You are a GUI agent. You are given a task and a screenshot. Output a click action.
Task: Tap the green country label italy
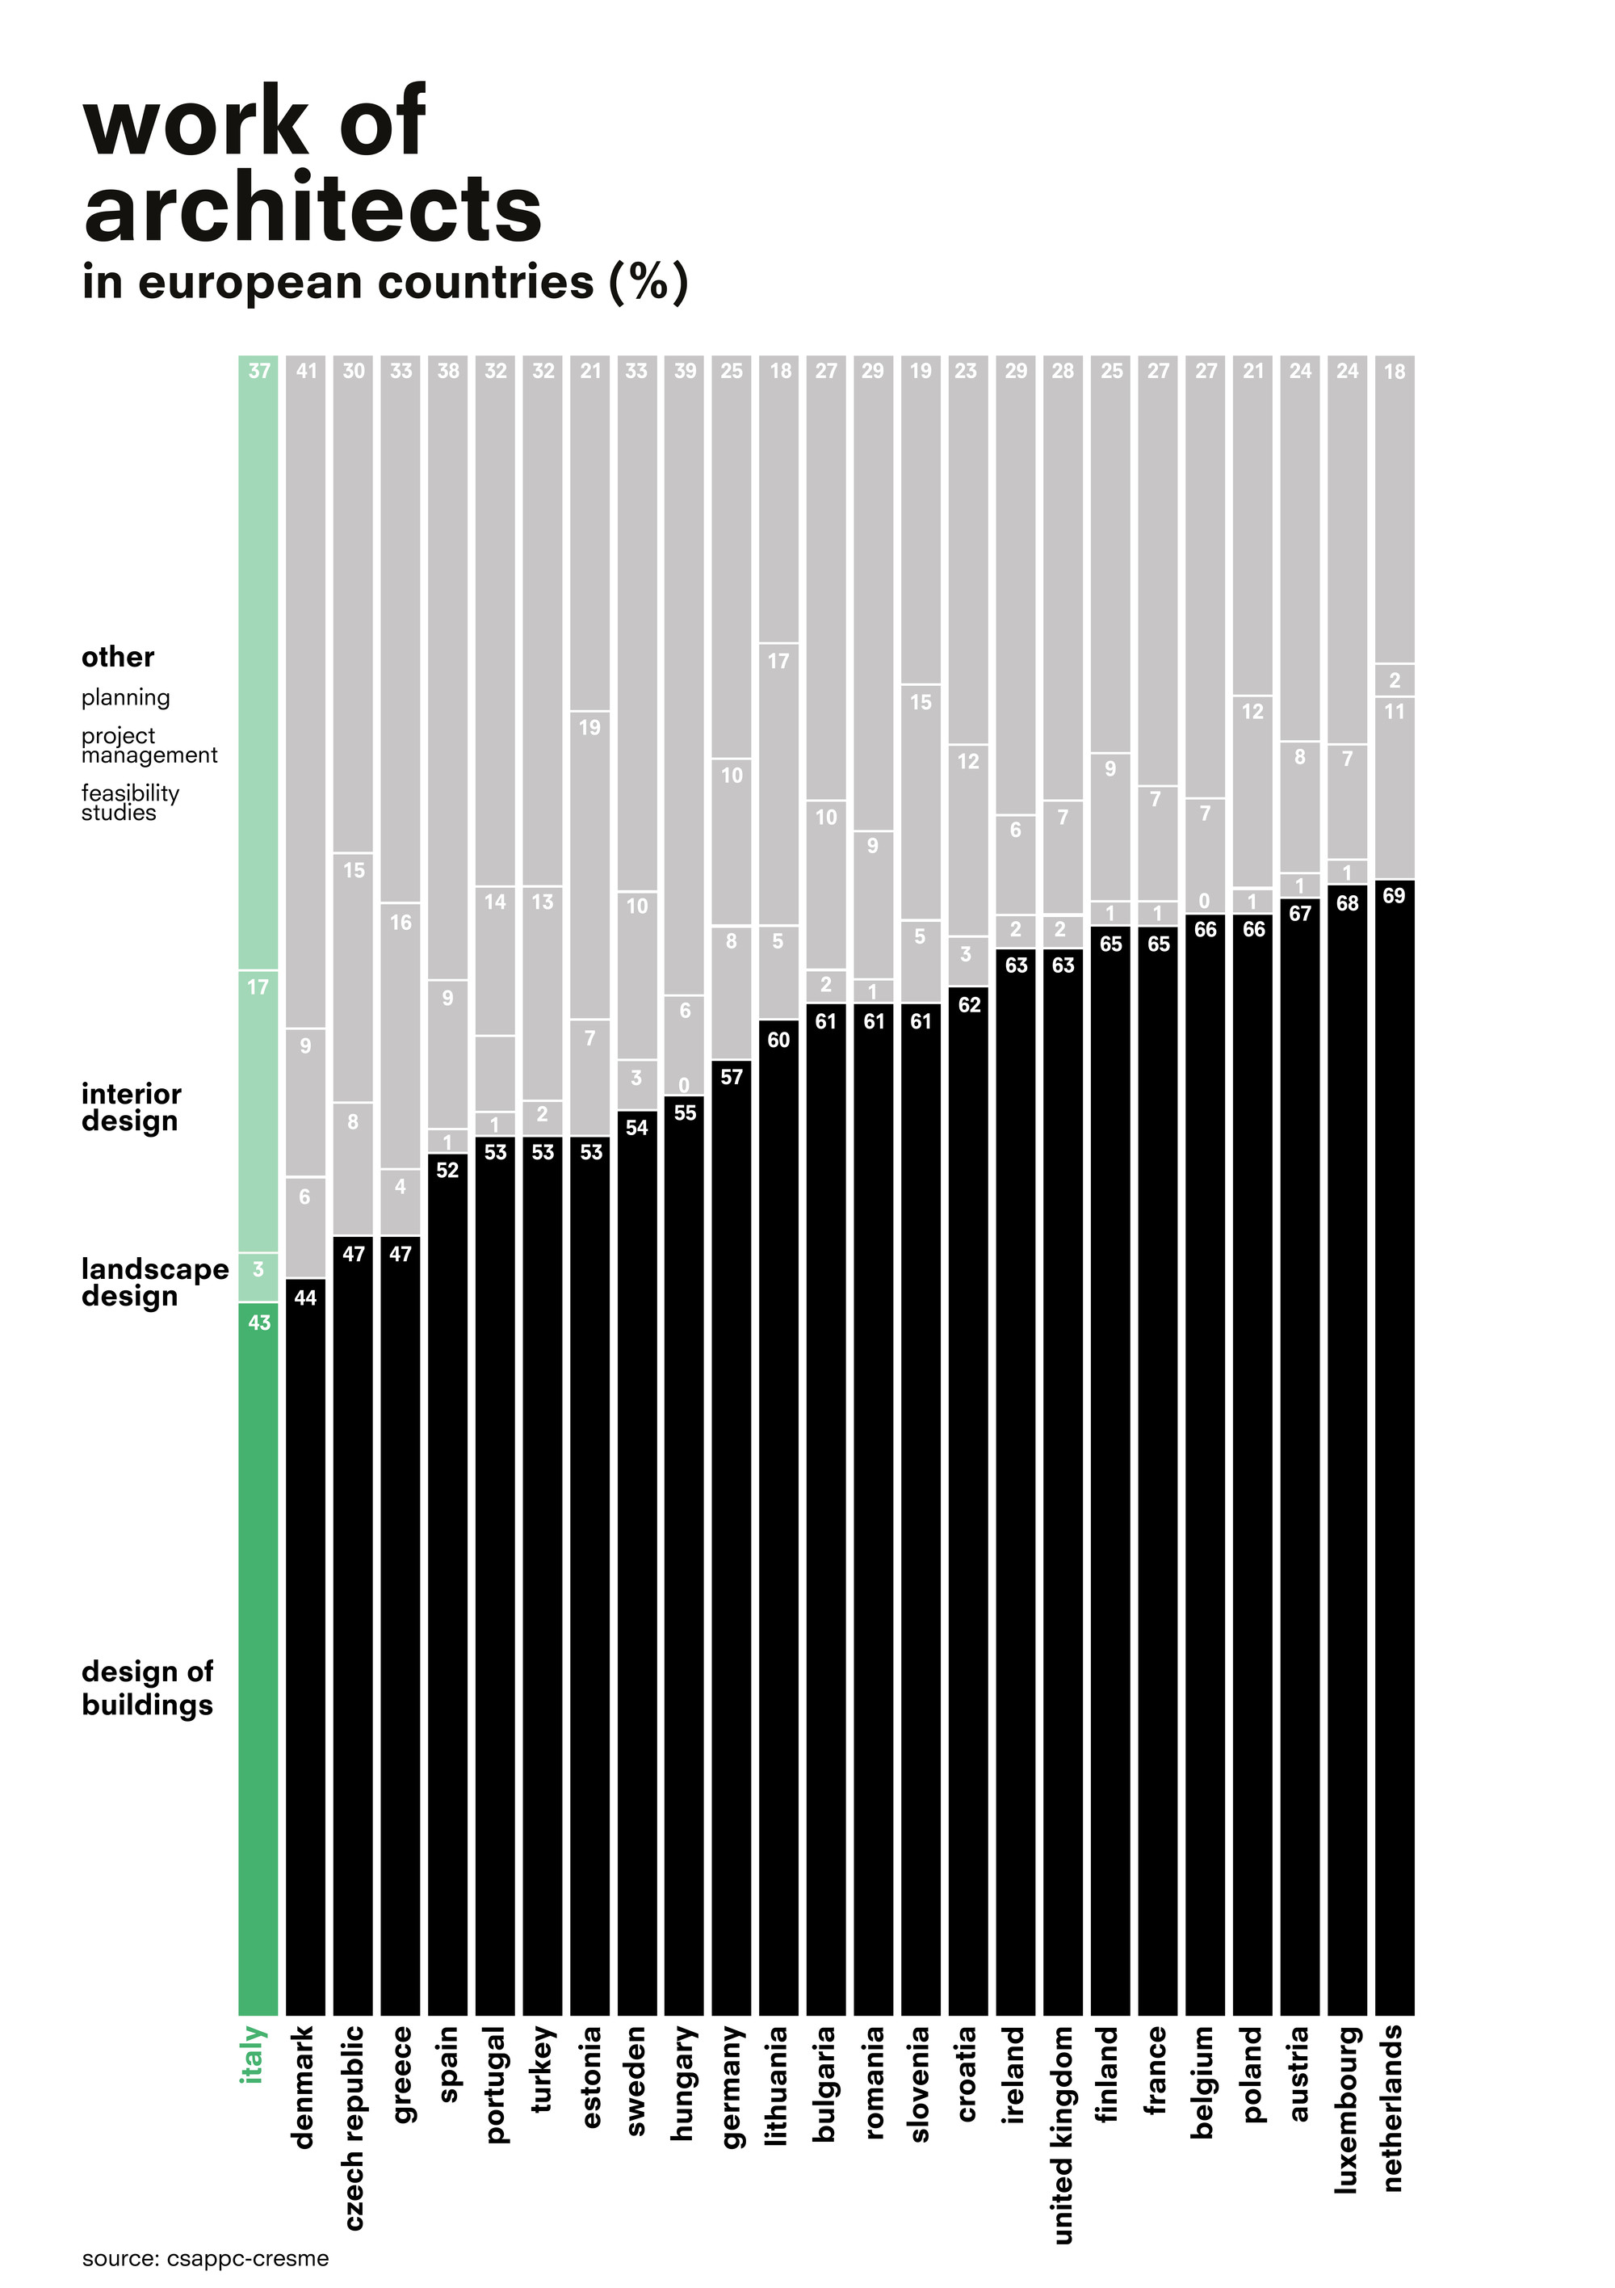coord(254,2054)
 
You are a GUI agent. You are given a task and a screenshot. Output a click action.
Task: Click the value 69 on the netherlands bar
coord(1394,895)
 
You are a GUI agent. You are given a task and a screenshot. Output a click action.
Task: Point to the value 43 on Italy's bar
coord(259,1323)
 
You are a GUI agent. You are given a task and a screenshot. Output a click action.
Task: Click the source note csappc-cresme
coord(205,2258)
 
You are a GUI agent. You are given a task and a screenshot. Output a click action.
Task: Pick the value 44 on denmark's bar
coord(305,1298)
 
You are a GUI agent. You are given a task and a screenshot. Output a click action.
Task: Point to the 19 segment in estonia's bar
coord(589,727)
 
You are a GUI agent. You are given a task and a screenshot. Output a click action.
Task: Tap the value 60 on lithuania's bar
coord(778,1039)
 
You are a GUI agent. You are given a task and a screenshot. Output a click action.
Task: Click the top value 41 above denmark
coord(306,371)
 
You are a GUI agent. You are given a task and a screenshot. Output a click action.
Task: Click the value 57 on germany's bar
coord(732,1076)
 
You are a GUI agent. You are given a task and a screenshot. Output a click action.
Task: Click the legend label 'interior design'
coord(131,1107)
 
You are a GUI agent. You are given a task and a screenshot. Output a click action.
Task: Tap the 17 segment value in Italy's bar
coord(258,986)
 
